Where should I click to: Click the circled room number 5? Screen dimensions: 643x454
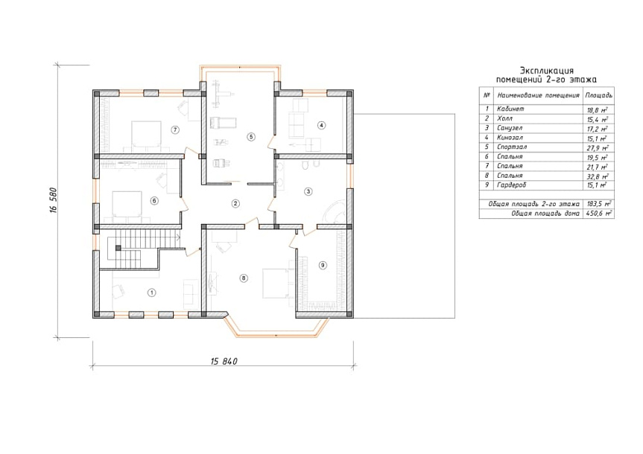(251, 137)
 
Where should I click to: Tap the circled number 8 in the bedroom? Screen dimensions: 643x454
(244, 278)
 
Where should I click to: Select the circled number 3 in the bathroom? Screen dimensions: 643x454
(308, 191)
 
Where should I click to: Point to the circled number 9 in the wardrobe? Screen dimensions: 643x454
(323, 266)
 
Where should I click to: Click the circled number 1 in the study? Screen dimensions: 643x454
(152, 292)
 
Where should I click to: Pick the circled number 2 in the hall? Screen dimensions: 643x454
(235, 203)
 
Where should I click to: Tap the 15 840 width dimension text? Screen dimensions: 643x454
(224, 362)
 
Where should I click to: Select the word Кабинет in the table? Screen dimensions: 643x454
(510, 109)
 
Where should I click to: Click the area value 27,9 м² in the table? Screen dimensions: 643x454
(597, 148)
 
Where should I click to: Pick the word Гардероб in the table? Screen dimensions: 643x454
(511, 185)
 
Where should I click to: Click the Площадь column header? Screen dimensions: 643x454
(599, 95)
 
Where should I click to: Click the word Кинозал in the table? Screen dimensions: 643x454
(510, 137)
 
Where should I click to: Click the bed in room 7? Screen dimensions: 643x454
(146, 135)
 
